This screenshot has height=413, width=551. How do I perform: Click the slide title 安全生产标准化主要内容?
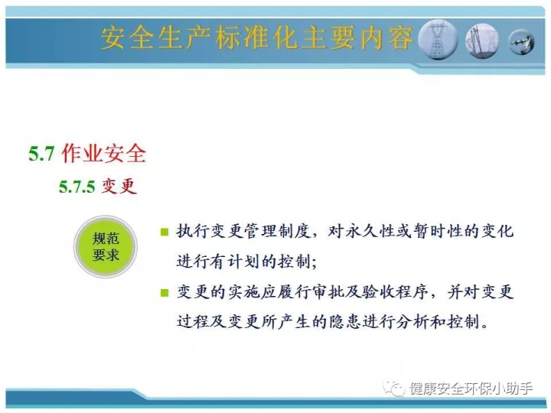(256, 37)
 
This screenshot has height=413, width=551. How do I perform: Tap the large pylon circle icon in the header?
(438, 39)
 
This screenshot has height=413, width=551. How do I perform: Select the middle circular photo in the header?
(482, 41)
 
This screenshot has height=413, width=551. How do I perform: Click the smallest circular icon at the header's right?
(522, 43)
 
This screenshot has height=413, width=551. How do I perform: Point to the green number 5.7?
(41, 154)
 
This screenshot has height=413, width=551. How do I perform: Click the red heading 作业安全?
(103, 154)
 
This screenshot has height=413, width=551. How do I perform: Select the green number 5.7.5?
(77, 186)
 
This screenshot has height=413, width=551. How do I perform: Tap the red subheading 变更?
(119, 186)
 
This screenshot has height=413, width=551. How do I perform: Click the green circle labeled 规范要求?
(106, 247)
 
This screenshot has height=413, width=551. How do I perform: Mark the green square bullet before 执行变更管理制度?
(165, 233)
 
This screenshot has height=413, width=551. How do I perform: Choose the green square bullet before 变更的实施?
(165, 293)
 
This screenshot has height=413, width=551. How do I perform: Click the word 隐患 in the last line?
(345, 322)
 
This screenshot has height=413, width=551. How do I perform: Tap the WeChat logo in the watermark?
(394, 389)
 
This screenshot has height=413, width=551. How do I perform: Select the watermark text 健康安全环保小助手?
(471, 389)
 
